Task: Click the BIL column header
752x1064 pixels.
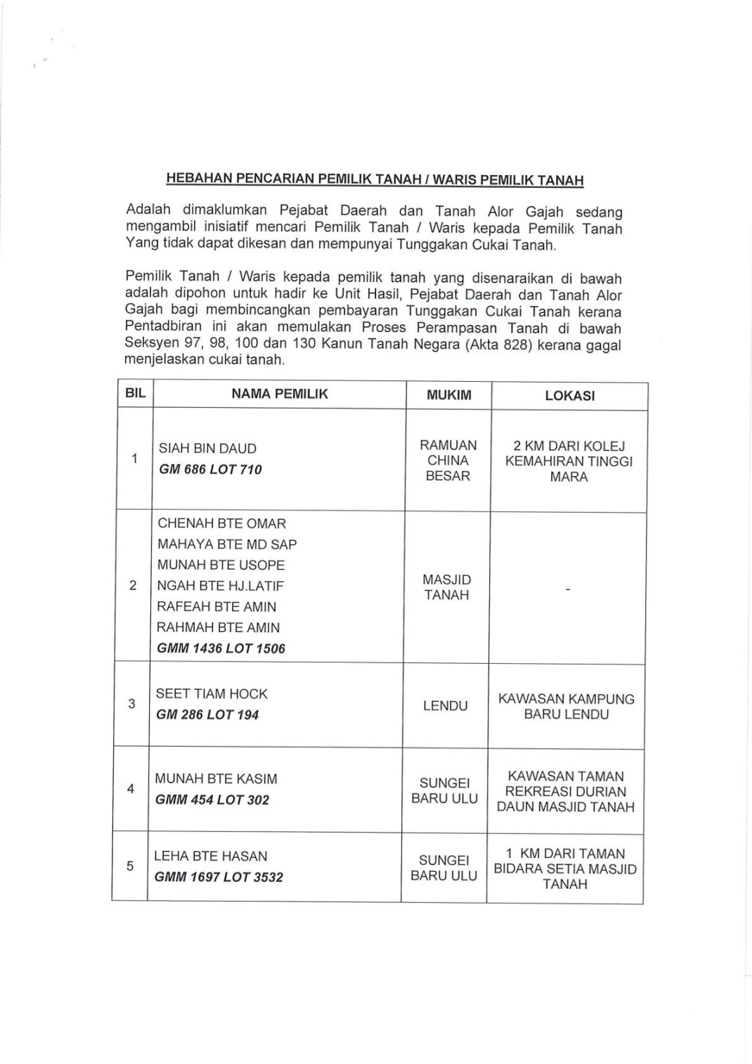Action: point(135,394)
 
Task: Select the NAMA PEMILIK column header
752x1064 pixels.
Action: point(280,395)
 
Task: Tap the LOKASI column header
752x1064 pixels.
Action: point(569,396)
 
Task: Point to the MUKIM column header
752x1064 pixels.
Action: point(449,395)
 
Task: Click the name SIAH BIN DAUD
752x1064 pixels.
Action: point(207,449)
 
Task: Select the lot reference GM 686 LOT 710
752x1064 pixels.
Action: point(210,470)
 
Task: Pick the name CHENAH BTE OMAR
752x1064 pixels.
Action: point(221,524)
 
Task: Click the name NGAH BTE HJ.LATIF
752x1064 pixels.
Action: point(220,586)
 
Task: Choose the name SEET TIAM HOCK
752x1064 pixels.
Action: point(212,694)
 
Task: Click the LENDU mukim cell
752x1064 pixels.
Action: point(446,705)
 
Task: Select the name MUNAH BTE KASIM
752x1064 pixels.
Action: point(216,779)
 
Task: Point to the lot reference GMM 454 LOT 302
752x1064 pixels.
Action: point(212,800)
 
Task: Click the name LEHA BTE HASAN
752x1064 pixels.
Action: point(211,857)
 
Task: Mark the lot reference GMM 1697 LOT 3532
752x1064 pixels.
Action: point(219,878)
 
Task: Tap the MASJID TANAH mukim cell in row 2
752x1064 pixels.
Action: point(447,587)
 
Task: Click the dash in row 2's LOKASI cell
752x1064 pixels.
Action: point(568,589)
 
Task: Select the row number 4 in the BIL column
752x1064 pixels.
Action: point(131,789)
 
